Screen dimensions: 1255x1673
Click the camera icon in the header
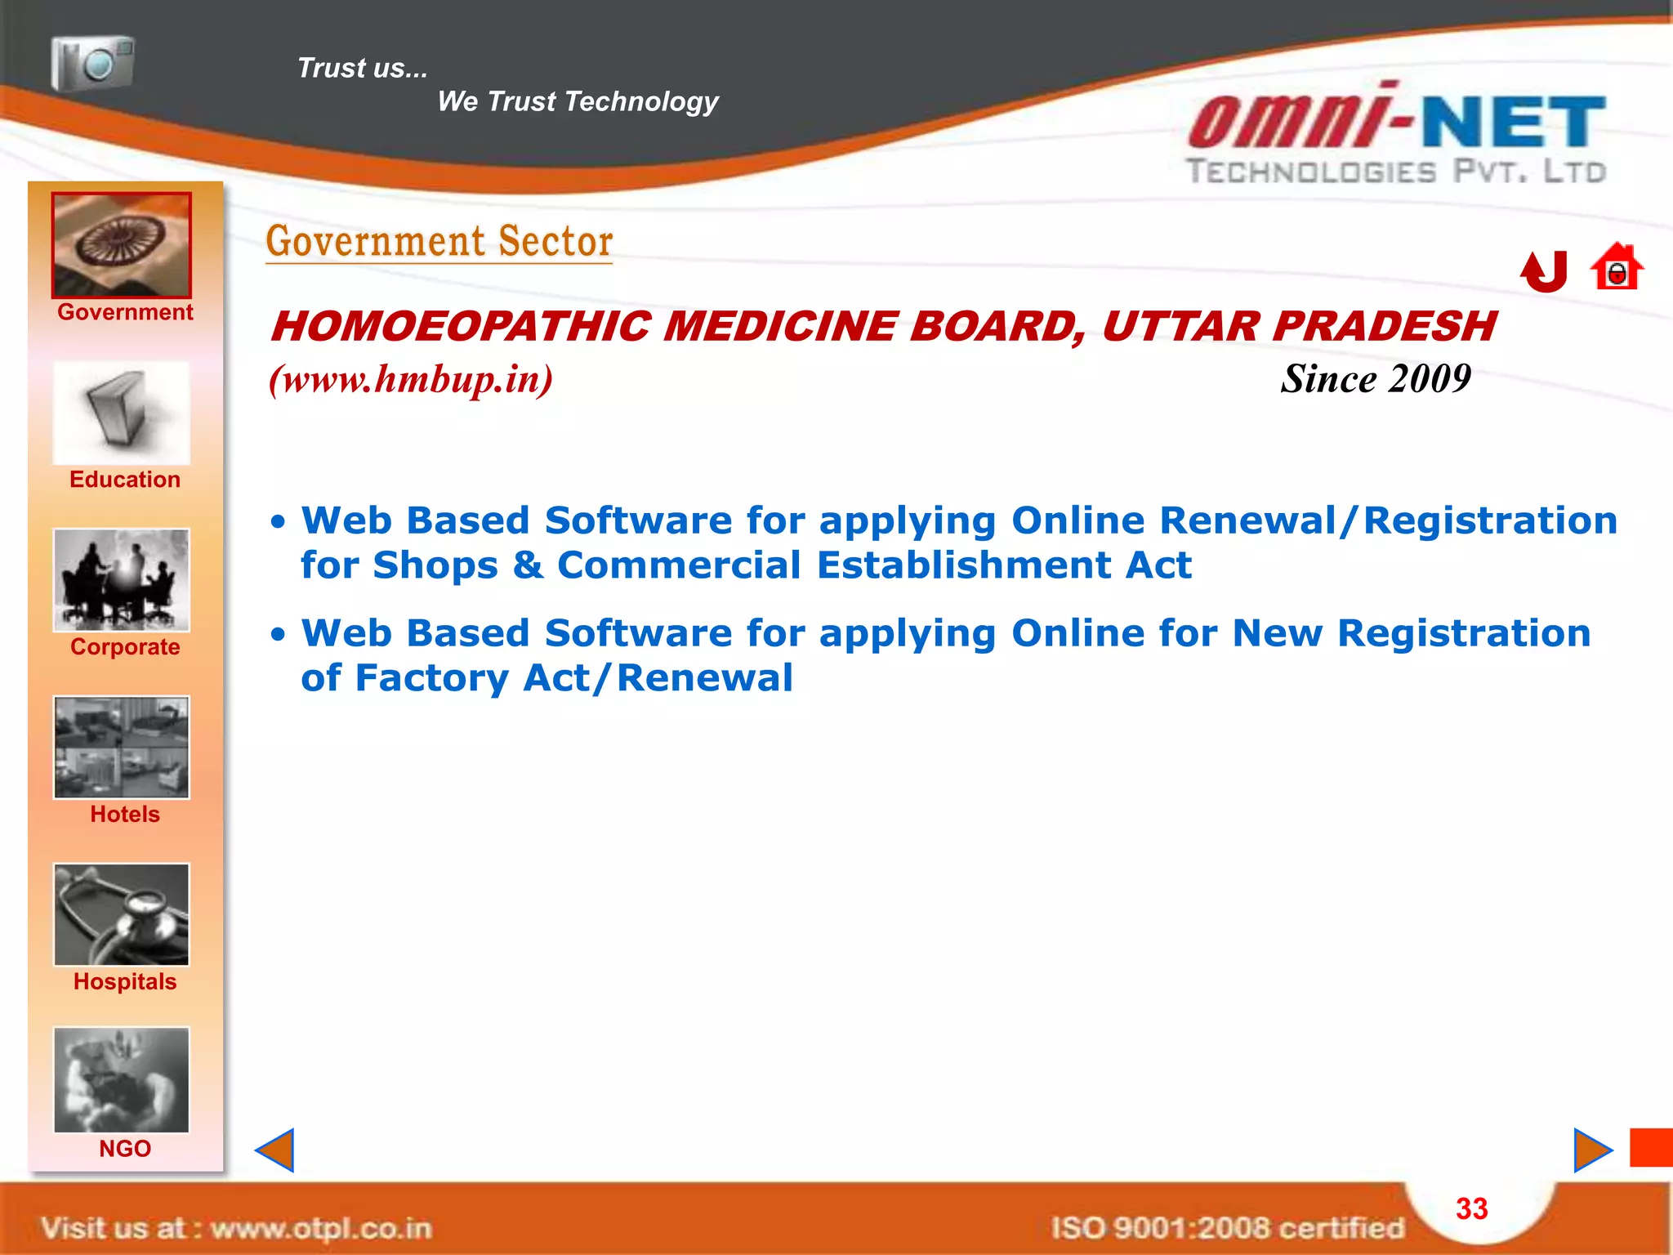coord(92,62)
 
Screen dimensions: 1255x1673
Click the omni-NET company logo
coord(1397,135)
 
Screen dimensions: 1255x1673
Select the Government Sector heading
coord(439,241)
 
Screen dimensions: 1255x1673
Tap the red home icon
coord(1617,268)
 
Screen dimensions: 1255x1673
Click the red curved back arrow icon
coord(1544,271)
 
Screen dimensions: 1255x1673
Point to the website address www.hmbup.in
coord(411,379)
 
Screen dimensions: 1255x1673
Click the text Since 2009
coord(1376,379)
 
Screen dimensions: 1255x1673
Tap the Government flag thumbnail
coord(122,245)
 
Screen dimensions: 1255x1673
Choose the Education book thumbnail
coord(122,413)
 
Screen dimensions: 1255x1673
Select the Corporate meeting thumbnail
coord(122,580)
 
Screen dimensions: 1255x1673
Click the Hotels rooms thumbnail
coord(122,748)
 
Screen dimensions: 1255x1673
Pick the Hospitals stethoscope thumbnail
coord(122,915)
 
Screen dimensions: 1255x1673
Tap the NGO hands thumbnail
coord(122,1080)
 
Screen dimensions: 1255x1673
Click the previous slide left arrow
coord(275,1150)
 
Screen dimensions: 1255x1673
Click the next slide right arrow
coord(1592,1150)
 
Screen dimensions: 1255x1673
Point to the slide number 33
coord(1472,1209)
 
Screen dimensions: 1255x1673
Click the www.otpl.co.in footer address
coord(321,1228)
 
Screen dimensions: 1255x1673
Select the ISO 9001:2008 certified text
coord(1227,1228)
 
